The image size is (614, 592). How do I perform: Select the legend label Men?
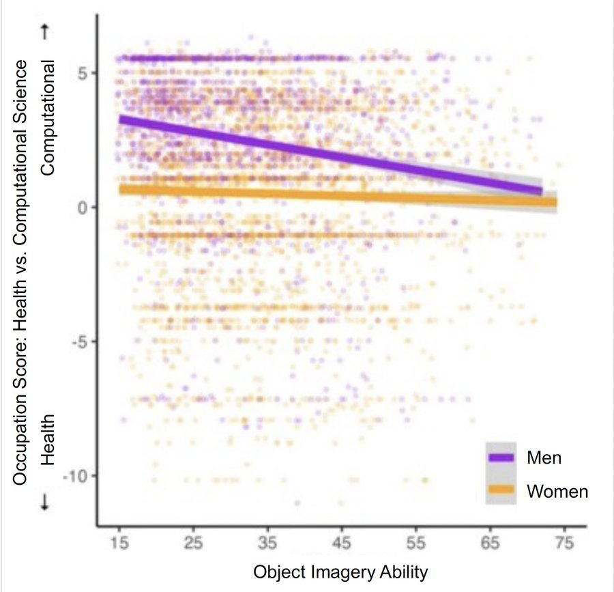[544, 457]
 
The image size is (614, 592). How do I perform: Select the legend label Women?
[557, 490]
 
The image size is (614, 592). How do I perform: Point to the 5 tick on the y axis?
[84, 73]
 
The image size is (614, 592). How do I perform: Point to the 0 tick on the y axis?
[84, 207]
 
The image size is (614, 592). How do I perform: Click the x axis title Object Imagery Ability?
[341, 572]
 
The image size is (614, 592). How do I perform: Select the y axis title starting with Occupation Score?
[20, 273]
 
